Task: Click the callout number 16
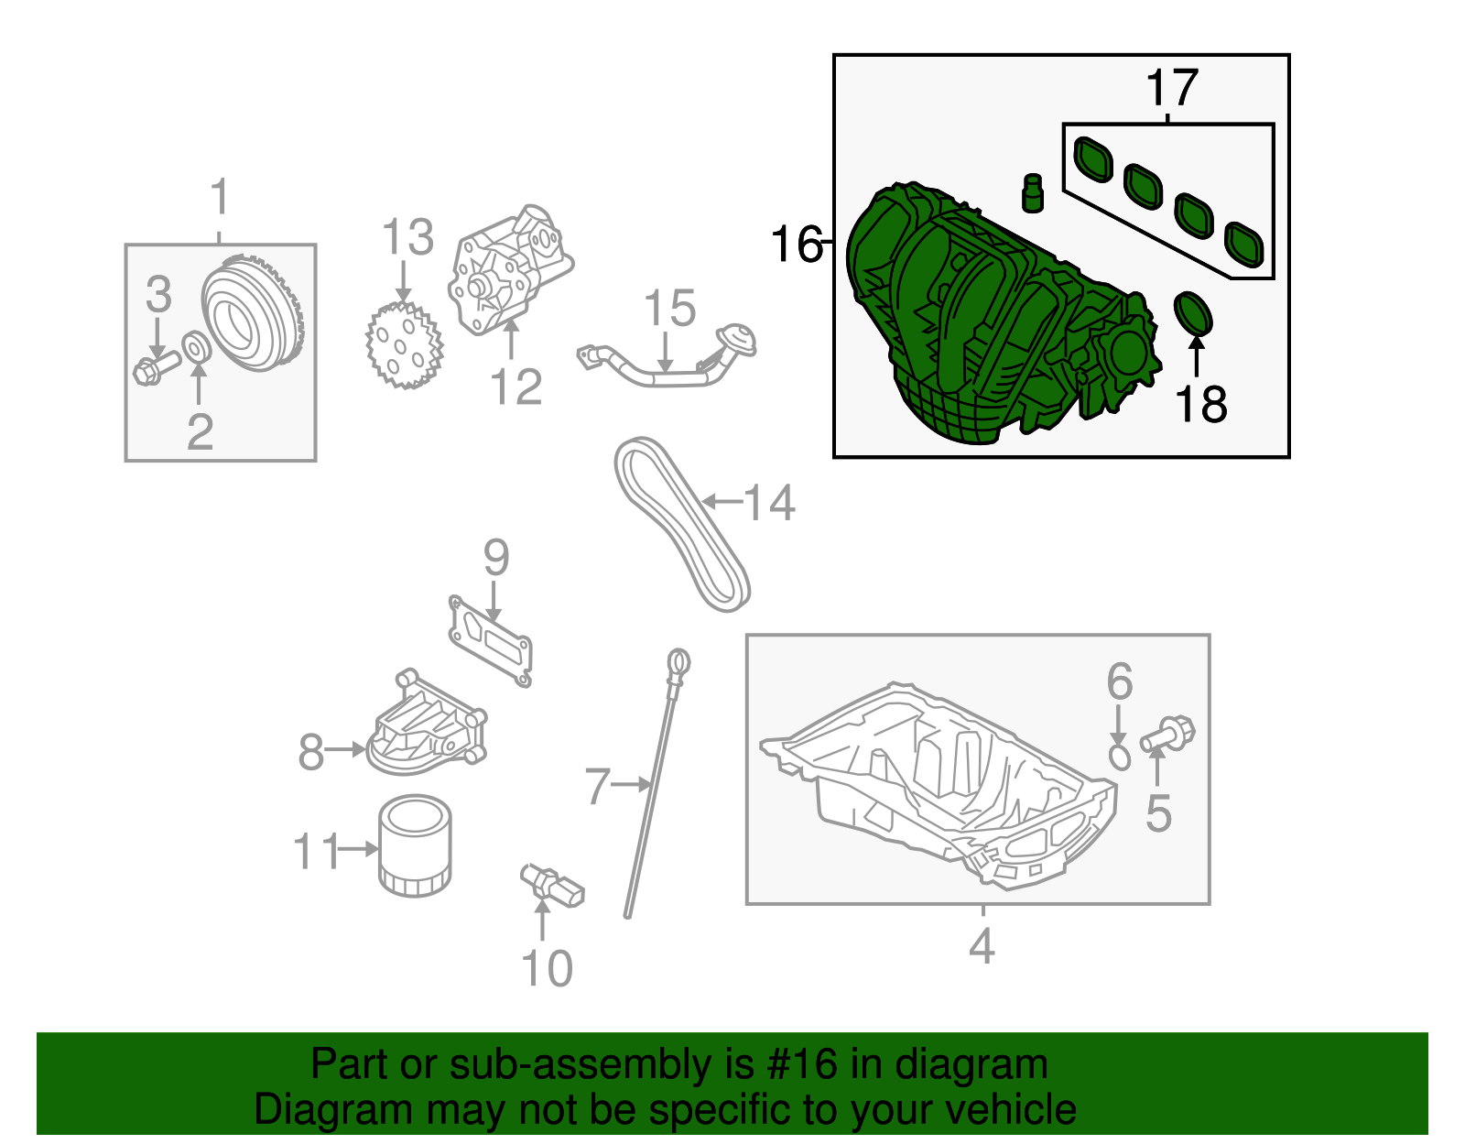click(x=795, y=245)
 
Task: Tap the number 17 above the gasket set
click(x=1171, y=89)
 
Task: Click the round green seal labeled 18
click(x=1193, y=313)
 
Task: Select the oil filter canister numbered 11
click(x=414, y=846)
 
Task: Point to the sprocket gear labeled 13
click(x=404, y=346)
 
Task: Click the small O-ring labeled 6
click(x=1119, y=757)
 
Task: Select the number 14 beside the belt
click(x=769, y=503)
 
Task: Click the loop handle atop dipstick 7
click(x=678, y=662)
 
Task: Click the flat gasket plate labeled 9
click(x=492, y=641)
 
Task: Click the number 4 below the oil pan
click(x=981, y=946)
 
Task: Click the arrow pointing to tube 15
click(x=666, y=353)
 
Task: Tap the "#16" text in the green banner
click(x=797, y=1064)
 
